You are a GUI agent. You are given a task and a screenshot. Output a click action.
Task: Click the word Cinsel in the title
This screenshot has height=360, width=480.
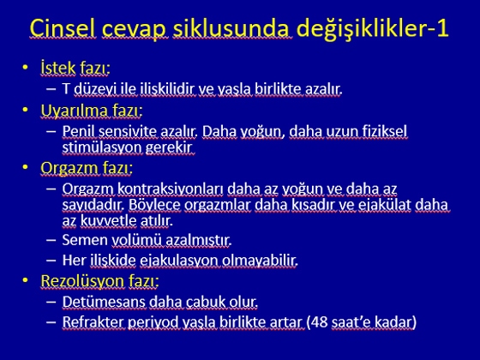click(63, 28)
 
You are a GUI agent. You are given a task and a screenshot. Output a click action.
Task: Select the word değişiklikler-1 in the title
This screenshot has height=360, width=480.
click(373, 29)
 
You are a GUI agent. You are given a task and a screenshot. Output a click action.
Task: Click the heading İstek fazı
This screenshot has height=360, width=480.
click(75, 68)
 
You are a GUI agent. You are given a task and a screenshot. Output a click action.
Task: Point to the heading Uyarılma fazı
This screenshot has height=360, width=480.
click(92, 111)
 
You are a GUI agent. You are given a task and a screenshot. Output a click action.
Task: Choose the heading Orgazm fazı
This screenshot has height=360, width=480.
click(87, 168)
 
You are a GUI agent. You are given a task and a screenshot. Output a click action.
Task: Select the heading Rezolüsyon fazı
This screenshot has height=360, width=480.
click(99, 281)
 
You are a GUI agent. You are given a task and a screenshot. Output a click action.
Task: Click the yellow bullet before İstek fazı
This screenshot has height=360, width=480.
click(25, 67)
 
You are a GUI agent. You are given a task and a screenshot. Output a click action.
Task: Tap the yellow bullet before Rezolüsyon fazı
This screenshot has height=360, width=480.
click(25, 280)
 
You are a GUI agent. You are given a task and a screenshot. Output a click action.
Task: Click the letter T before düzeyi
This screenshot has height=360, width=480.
click(66, 89)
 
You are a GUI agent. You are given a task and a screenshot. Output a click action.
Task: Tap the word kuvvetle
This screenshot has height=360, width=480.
click(108, 220)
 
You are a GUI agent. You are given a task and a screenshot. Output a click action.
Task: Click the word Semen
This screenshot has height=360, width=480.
click(85, 240)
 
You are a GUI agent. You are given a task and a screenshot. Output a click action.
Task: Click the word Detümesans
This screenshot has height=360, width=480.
click(104, 302)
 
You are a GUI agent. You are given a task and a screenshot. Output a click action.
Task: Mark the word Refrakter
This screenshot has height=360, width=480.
click(93, 322)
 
